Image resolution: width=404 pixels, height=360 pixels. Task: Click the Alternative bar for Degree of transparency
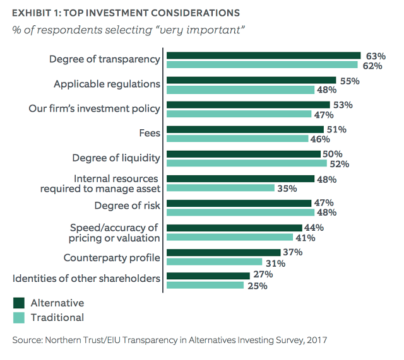pos(262,55)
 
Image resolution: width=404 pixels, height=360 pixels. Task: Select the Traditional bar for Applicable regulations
pos(240,90)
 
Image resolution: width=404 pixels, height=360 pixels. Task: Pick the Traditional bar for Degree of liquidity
pos(246,163)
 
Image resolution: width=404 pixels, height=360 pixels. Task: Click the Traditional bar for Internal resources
pos(219,188)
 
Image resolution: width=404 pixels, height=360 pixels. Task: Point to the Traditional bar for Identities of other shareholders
pos(204,285)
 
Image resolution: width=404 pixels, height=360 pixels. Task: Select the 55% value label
pos(349,81)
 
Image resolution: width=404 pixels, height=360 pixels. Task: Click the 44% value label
pos(313,228)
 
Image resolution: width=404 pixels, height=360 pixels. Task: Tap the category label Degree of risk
pos(127,206)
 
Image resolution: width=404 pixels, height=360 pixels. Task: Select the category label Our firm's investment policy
pos(95,108)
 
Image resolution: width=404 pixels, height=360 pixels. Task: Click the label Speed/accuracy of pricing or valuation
pos(114,233)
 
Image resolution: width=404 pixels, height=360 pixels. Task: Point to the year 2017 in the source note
pos(315,340)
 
